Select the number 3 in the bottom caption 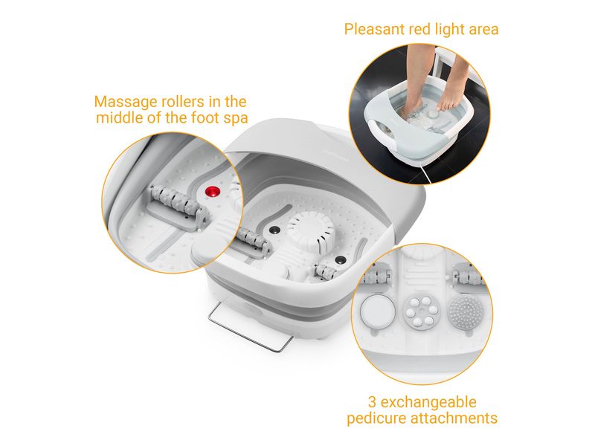tap(373, 402)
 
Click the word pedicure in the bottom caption tap(377, 418)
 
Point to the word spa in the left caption tap(236, 118)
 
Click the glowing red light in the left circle tap(213, 192)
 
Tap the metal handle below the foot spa tap(251, 329)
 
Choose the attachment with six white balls tap(421, 311)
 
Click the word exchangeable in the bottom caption tap(428, 402)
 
